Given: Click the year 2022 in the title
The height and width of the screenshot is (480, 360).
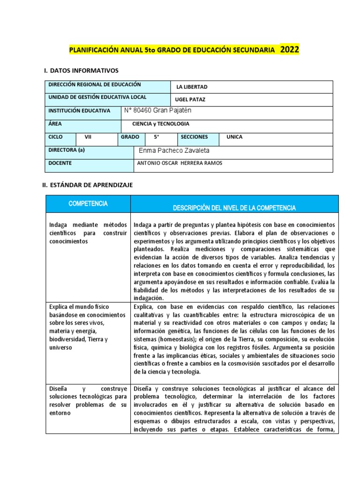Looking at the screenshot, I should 290,49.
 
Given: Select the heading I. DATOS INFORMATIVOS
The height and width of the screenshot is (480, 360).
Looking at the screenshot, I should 81,70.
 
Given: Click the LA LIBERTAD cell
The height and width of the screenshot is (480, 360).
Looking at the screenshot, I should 192,87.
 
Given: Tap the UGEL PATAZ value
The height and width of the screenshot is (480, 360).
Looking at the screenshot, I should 190,100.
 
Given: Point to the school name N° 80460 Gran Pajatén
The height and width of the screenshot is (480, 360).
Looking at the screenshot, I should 158,111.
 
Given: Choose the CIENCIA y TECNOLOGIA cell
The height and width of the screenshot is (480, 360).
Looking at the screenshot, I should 162,124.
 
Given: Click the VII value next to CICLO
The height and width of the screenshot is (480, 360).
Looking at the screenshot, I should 88,137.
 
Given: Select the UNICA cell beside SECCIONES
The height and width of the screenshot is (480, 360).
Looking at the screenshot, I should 234,137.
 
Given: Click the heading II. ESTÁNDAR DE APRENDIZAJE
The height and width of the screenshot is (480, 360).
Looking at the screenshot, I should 88,185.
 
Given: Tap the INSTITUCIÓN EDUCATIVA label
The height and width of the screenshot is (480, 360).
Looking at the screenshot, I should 79,111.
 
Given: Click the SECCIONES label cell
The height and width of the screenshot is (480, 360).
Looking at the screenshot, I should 194,137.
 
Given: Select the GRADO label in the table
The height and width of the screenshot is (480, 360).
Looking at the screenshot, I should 130,137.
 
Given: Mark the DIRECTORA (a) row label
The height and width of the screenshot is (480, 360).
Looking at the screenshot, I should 67,150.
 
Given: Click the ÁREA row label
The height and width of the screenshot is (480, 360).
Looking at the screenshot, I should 55,124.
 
